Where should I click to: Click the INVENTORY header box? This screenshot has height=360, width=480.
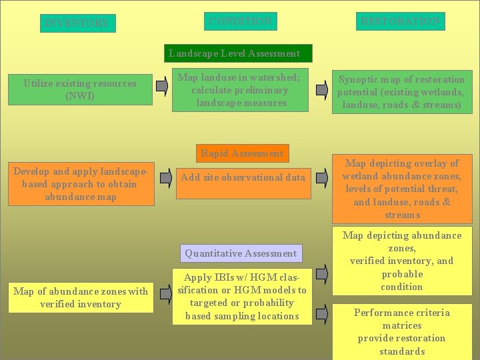(77, 23)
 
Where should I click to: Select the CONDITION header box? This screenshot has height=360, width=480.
(240, 21)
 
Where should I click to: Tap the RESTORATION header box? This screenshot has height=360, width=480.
(400, 21)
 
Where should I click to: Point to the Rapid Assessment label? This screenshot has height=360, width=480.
(242, 153)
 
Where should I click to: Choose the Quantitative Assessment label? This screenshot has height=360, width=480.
(241, 253)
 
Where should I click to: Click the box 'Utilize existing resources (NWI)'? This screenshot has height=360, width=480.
(80, 89)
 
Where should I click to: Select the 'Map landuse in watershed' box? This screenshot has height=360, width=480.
(239, 90)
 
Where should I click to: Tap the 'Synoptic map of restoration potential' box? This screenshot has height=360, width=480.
(401, 92)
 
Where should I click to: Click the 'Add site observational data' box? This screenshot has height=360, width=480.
(243, 178)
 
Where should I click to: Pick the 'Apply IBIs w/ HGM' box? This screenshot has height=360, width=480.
(241, 297)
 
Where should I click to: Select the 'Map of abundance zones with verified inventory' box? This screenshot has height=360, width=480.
(81, 297)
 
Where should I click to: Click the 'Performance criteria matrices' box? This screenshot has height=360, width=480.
(402, 331)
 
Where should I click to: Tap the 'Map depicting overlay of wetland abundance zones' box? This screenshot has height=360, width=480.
(401, 189)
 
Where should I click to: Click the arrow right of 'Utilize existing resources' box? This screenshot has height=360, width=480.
(162, 85)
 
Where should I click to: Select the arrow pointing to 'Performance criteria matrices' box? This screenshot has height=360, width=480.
(322, 311)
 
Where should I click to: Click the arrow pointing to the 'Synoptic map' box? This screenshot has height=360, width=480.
(322, 85)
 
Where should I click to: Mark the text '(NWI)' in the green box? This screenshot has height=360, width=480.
(80, 96)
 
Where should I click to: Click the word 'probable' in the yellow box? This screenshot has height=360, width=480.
(402, 274)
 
